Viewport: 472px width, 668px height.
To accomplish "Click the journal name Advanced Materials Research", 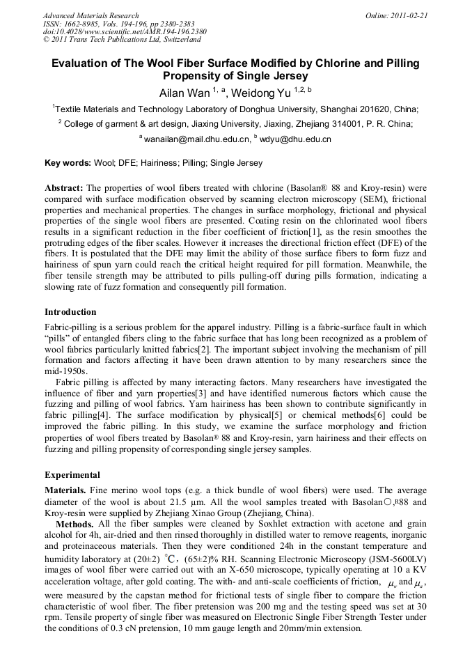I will coord(91,15).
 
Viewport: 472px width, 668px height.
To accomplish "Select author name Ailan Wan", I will coord(180,91).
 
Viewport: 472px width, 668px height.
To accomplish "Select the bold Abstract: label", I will coord(64,189).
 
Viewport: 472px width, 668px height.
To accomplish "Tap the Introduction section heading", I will coord(70,311).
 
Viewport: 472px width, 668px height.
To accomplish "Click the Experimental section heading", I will coord(72,475).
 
